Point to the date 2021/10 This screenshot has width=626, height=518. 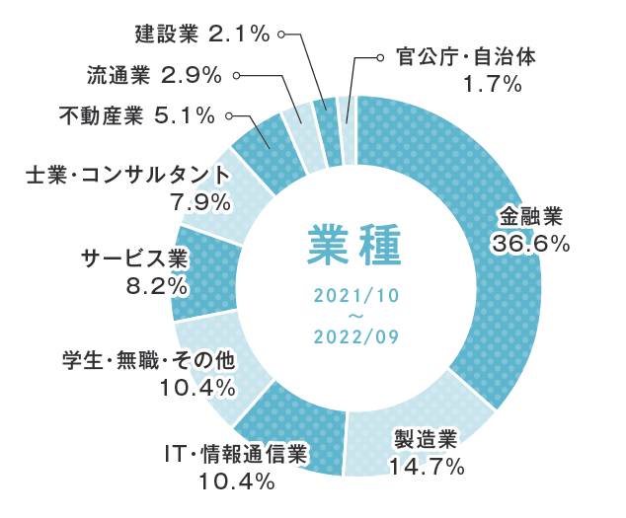point(355,296)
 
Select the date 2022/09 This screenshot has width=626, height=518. point(355,336)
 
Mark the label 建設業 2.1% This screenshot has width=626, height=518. point(201,35)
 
